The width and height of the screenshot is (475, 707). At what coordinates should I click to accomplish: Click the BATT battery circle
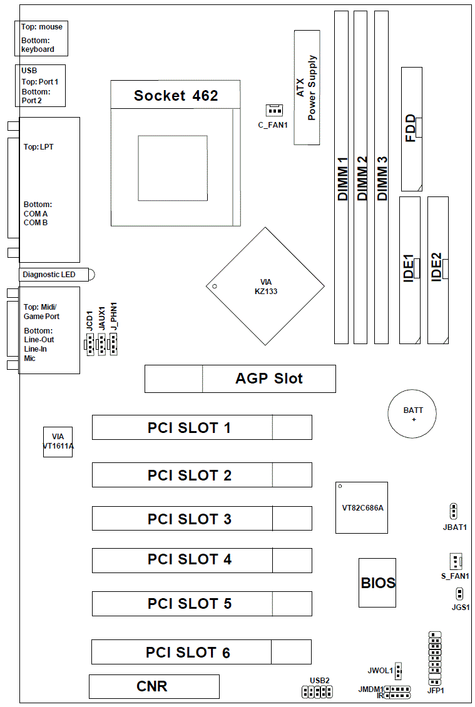[x=413, y=414]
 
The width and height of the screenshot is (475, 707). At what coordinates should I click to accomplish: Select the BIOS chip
[x=377, y=582]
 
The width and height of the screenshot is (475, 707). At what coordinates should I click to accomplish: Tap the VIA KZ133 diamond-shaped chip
[x=265, y=287]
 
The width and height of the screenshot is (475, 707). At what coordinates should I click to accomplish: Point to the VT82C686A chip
[x=361, y=507]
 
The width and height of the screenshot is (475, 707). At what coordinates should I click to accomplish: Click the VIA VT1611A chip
[x=58, y=441]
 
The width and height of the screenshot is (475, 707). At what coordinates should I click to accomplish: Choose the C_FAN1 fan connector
[x=273, y=111]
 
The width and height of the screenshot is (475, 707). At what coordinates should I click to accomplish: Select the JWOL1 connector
[x=399, y=671]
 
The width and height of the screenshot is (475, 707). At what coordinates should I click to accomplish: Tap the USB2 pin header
[x=316, y=692]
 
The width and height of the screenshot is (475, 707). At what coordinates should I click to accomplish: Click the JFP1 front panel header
[x=435, y=658]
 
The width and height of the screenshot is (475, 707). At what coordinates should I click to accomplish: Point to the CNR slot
[x=154, y=686]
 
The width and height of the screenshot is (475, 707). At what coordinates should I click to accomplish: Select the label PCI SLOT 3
[x=189, y=519]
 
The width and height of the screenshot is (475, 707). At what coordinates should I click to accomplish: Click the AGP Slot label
[x=269, y=379]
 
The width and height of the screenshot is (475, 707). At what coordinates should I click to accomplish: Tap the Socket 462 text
[x=176, y=96]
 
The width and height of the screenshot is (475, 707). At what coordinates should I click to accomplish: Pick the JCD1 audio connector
[x=89, y=344]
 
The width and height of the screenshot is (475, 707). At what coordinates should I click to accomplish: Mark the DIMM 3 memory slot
[x=381, y=177]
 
